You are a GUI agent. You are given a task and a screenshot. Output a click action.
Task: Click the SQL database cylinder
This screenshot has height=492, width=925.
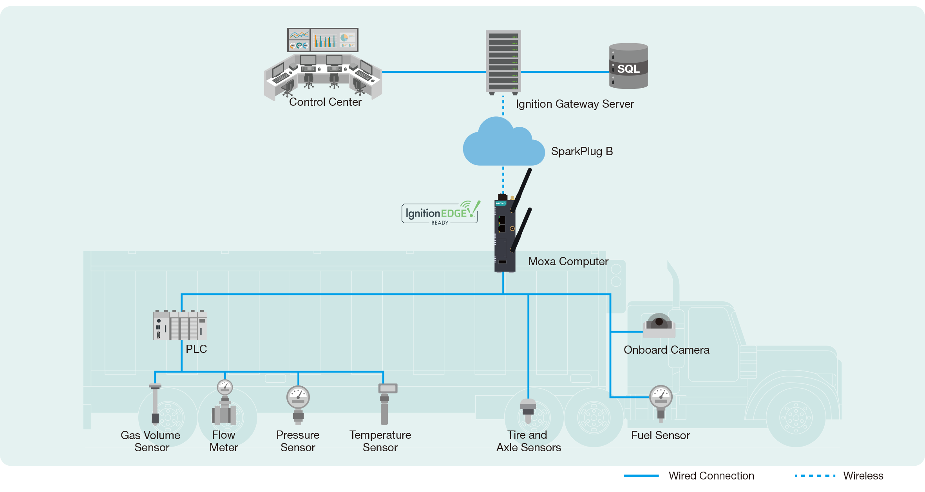[628, 66]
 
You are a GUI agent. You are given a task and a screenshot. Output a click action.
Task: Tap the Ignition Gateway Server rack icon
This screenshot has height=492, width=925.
[503, 62]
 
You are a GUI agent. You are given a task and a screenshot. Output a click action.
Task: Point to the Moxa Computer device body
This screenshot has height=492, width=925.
[504, 235]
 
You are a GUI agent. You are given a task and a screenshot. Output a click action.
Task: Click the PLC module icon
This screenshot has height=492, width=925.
[180, 325]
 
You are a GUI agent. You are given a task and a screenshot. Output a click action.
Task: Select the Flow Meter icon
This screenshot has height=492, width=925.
[224, 405]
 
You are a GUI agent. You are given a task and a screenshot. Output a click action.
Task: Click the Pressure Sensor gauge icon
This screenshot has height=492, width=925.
[298, 403]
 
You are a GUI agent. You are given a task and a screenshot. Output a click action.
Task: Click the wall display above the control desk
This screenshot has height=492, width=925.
[322, 40]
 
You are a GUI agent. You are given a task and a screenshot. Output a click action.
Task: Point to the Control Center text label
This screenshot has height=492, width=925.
[325, 102]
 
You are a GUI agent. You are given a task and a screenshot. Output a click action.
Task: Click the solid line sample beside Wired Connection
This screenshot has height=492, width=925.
[641, 476]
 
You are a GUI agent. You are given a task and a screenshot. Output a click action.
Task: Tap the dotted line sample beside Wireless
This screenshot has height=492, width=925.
[815, 476]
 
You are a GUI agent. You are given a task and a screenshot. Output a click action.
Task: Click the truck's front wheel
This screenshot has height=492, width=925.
[796, 417]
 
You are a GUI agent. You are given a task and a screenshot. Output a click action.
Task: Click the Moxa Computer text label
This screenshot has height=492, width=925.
[568, 261]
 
